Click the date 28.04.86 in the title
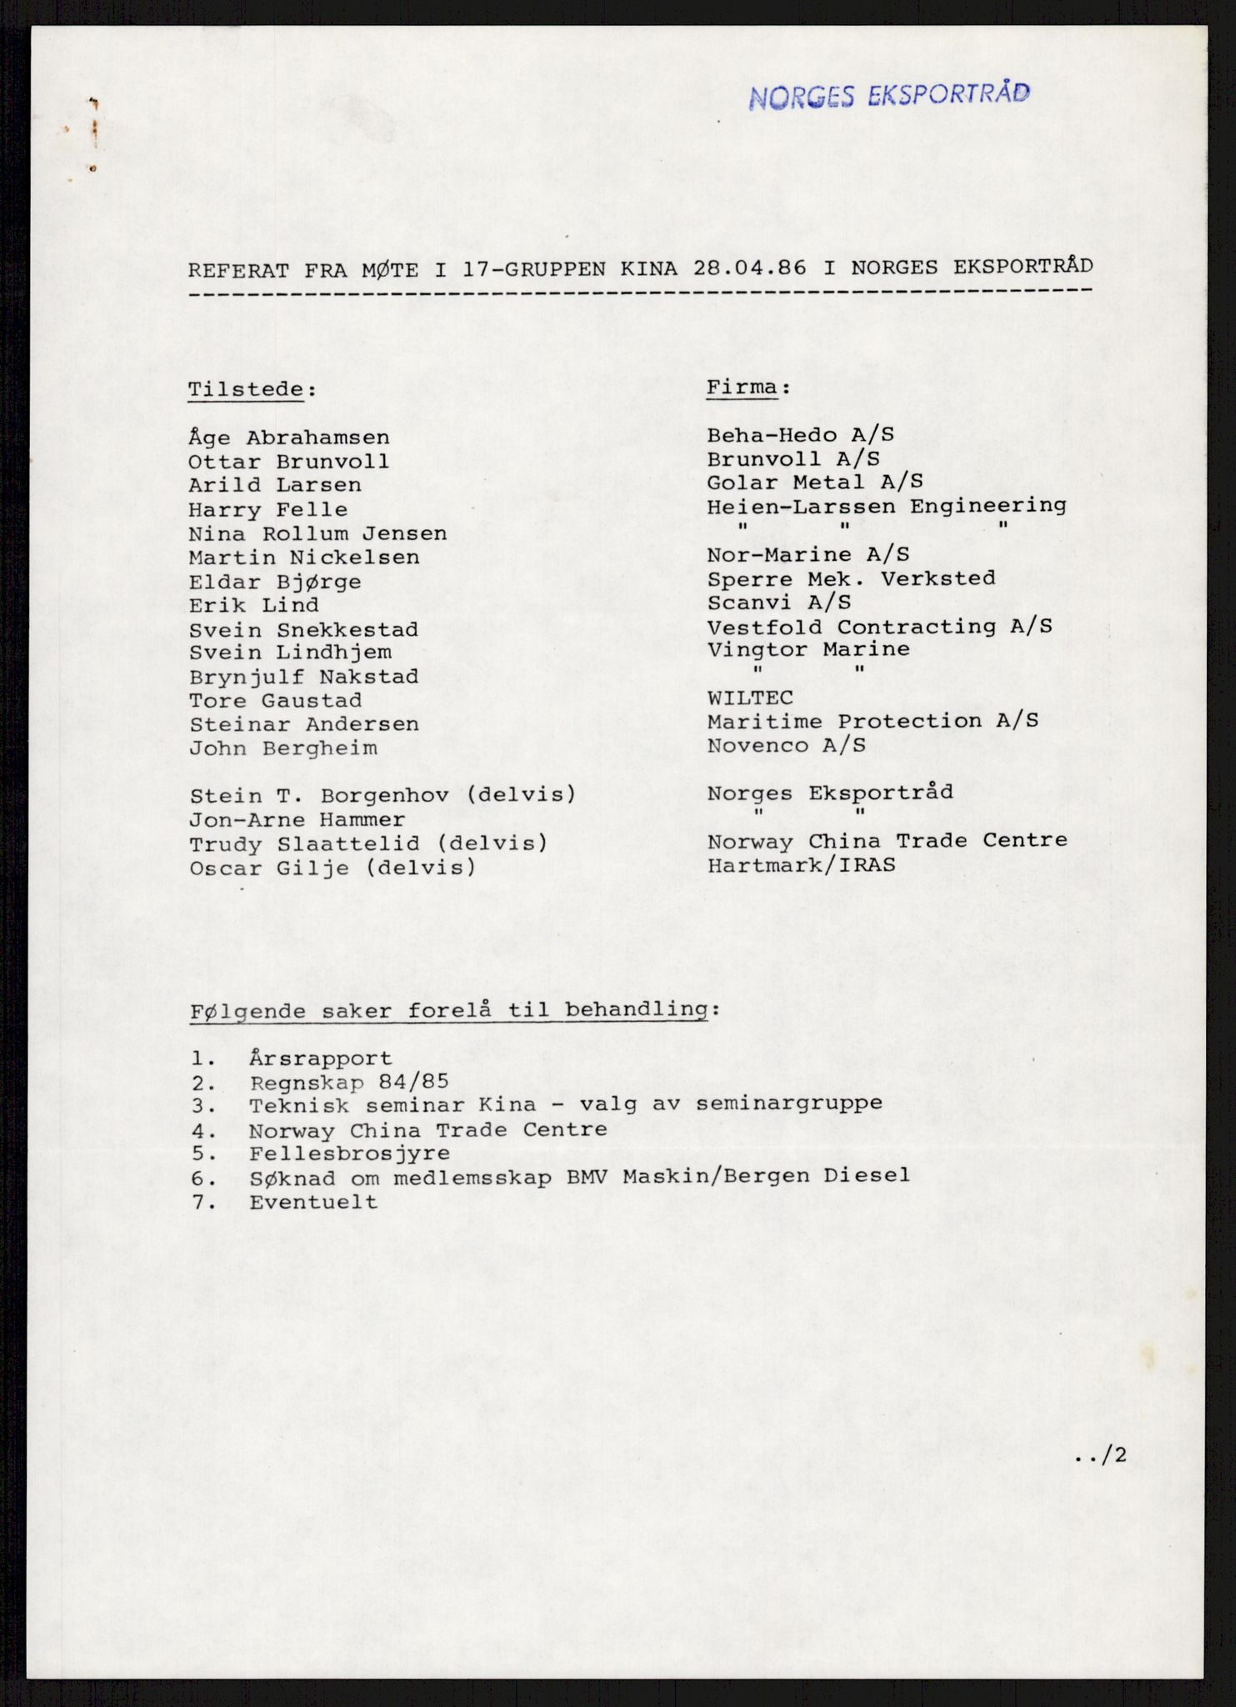(x=748, y=268)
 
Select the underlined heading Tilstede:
(x=252, y=390)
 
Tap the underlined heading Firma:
(x=748, y=388)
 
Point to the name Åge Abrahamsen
(x=288, y=438)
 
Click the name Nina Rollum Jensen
(x=318, y=533)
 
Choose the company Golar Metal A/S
(x=814, y=482)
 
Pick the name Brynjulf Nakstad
(x=303, y=677)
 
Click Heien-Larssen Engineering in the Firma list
(x=886, y=506)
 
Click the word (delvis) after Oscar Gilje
(x=420, y=868)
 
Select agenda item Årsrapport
(x=320, y=1059)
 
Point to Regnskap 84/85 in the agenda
(x=348, y=1082)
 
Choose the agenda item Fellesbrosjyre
(x=349, y=1154)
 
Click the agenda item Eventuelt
(x=313, y=1202)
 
